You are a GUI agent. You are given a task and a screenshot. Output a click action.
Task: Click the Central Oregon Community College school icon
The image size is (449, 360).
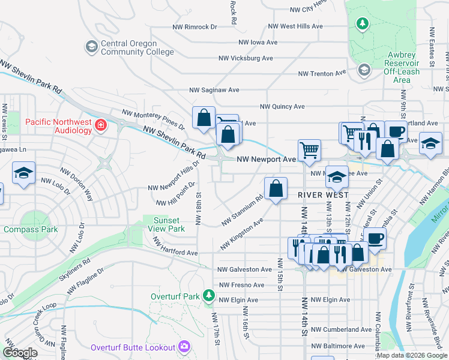click(x=92, y=47)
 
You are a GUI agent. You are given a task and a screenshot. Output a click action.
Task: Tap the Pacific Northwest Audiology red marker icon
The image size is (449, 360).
click(x=101, y=125)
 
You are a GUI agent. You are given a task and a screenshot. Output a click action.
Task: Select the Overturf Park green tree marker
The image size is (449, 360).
click(x=208, y=296)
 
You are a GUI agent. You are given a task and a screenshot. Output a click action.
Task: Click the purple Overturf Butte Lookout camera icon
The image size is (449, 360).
click(x=184, y=347)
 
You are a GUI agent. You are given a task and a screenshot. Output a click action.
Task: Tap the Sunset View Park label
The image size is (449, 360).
click(x=167, y=224)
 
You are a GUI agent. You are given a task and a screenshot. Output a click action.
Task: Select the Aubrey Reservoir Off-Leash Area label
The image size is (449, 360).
click(x=402, y=67)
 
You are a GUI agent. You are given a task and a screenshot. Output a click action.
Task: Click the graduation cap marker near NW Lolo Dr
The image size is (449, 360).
click(x=23, y=173)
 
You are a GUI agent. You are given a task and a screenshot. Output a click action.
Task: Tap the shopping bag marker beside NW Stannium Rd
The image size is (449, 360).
click(x=275, y=189)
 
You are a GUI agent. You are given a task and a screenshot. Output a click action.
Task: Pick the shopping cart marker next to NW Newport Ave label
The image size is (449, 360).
click(x=309, y=150)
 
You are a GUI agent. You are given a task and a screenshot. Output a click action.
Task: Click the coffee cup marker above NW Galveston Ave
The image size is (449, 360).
click(x=375, y=239)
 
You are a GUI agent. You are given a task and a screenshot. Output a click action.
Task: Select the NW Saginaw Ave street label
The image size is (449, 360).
click(x=214, y=90)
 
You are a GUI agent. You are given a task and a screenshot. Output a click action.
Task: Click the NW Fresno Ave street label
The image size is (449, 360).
click(x=241, y=285)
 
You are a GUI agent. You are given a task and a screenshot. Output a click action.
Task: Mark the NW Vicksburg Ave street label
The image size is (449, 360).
click(x=246, y=58)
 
